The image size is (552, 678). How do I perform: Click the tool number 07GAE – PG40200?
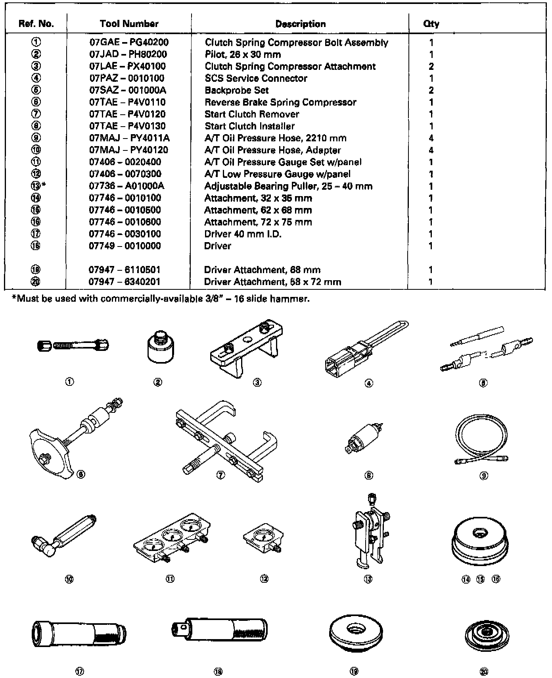point(129,42)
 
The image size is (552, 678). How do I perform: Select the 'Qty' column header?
point(431,24)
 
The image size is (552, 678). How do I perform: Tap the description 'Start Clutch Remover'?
point(252,114)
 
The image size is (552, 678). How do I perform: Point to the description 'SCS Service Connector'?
point(256,78)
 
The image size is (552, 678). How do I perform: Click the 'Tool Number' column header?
point(129,24)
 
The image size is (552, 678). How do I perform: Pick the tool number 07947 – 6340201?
point(125,282)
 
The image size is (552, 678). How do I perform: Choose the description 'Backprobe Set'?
point(237,90)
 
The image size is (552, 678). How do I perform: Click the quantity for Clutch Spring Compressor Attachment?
point(431,66)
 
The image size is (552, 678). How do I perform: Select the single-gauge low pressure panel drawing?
point(263,538)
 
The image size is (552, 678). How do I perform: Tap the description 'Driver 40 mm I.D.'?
point(243,234)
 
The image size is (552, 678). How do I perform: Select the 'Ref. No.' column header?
point(36,24)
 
